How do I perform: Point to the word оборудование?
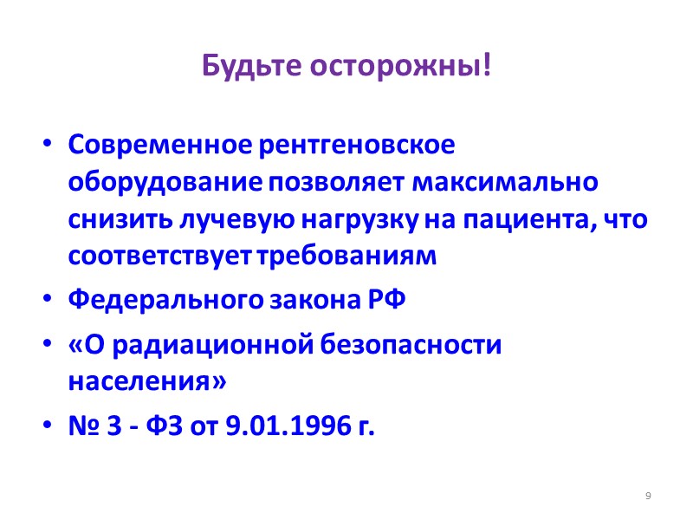tap(165, 184)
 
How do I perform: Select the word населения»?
tap(147, 382)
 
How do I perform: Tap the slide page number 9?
tap(648, 496)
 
